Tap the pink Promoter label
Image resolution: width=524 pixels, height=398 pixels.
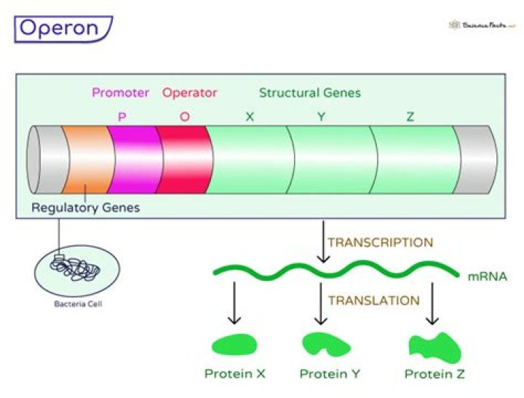point(120,93)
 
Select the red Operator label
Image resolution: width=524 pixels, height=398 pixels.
point(189,93)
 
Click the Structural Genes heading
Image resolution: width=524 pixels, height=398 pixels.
point(309,93)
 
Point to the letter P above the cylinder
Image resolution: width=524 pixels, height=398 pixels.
point(122,116)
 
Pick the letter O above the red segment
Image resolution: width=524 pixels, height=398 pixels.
point(185,116)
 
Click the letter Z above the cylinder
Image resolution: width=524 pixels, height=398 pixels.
point(410,116)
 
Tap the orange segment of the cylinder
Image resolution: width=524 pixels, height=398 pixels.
point(86,160)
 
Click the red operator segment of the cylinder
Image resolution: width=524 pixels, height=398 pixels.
point(184,160)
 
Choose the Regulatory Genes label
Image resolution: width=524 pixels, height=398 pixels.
point(85,208)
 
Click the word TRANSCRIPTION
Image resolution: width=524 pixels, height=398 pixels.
point(380,242)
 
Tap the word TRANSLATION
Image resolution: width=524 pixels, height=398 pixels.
point(373,300)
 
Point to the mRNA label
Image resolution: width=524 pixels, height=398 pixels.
point(487,277)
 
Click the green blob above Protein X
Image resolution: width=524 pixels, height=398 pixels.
point(234,345)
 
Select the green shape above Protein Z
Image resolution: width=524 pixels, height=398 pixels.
point(434,346)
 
